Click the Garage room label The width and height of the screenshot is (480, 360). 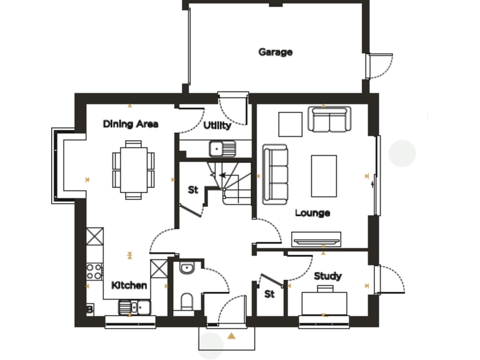point(276,52)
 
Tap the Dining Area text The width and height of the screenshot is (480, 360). point(131,124)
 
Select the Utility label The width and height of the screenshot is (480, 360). point(217,125)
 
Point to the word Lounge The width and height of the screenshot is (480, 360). point(312,213)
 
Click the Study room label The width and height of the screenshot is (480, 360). point(327,276)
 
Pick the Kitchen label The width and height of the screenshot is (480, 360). point(129,285)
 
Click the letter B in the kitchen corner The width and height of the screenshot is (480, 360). point(89,309)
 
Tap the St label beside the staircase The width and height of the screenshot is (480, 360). point(193,189)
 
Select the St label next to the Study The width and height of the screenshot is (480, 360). point(269,294)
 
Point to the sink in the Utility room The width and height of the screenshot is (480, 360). point(222,149)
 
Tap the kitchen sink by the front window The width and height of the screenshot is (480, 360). point(134,307)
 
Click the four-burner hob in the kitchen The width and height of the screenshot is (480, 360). point(94,271)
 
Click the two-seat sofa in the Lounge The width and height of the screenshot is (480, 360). point(329,119)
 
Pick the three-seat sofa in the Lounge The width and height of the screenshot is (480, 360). point(275,174)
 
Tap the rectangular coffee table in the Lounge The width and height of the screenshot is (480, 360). point(324,176)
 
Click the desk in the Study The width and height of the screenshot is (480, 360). point(324,302)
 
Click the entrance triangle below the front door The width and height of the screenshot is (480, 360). point(232,336)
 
